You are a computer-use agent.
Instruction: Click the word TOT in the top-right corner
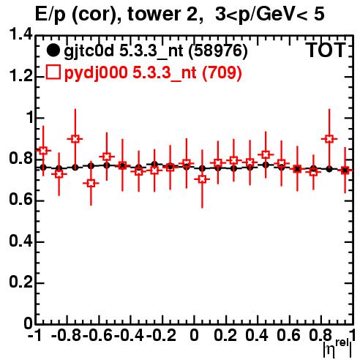pos(326,50)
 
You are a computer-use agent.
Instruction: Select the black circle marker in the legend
pos(53,50)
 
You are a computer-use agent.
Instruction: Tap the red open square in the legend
pos(53,72)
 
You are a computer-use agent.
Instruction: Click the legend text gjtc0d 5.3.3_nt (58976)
pos(156,51)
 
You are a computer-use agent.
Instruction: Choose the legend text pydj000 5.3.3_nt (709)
pos(153,72)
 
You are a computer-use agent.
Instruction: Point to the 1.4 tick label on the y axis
pos(21,34)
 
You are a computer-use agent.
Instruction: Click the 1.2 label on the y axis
pos(21,76)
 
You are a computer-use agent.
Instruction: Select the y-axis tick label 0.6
pos(21,200)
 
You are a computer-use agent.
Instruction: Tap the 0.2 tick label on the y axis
pos(21,282)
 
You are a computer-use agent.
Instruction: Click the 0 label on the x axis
pos(194,335)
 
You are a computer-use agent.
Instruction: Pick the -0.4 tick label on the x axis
pos(130,335)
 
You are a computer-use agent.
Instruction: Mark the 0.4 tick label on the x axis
pos(257,335)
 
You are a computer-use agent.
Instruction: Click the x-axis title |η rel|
pos(337,348)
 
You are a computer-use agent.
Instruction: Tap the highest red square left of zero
pos(75,139)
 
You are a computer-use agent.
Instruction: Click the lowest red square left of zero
pos(91,183)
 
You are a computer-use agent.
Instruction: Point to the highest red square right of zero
pos(329,139)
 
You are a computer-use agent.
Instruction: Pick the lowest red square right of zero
pos(202,179)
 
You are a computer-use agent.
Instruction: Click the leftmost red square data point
pos(43,151)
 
